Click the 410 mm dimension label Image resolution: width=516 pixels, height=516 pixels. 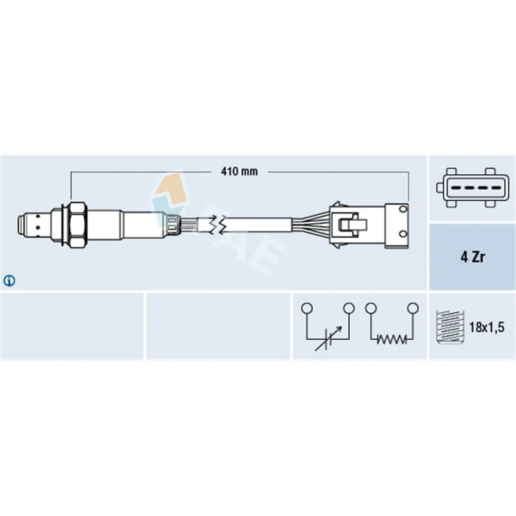[239, 172]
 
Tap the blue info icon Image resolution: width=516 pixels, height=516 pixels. [9, 281]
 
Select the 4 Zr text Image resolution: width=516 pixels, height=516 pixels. [473, 257]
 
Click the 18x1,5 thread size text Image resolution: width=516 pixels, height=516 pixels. [486, 327]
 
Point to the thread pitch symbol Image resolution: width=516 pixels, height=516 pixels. [450, 327]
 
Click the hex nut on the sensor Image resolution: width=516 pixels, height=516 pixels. [77, 224]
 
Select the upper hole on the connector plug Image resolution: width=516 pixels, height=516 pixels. [403, 209]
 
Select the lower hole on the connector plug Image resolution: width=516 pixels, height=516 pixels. [403, 234]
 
